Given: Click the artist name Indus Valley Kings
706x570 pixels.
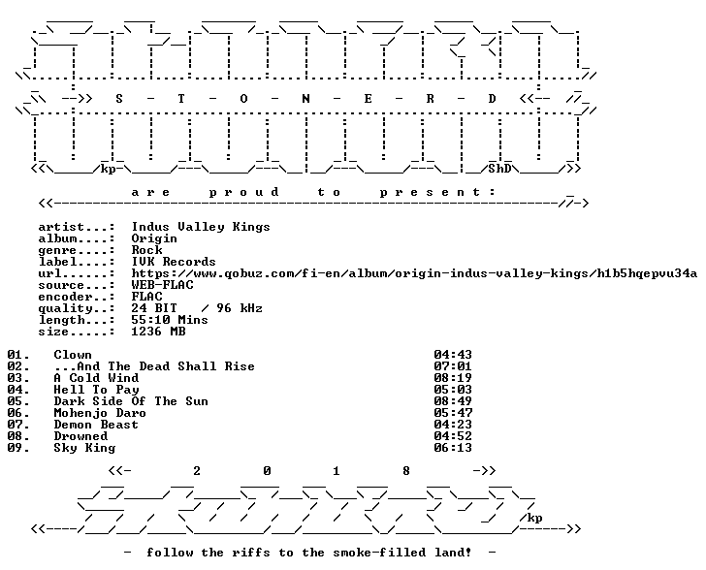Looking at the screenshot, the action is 201,227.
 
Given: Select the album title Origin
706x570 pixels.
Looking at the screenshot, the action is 154,238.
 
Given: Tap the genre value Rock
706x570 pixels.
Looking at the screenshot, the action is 146,250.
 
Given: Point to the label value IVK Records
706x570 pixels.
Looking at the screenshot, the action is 174,262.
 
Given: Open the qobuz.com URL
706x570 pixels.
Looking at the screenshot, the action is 414,273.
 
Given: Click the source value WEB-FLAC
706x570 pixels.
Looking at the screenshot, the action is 162,285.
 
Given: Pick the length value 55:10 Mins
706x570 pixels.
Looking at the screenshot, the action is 170,320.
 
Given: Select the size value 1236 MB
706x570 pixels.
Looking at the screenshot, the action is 158,332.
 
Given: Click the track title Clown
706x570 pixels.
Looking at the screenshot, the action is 73,355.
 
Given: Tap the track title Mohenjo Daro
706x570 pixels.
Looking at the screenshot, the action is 100,413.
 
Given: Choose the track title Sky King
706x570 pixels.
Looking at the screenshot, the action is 84,448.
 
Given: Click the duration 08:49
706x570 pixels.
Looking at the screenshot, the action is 453,401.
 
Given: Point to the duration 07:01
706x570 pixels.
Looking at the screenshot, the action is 453,366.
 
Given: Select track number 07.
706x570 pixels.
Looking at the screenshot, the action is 18,425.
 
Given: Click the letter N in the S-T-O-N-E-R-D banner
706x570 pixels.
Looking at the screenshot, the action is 305,99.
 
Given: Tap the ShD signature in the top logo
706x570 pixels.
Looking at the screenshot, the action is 499,169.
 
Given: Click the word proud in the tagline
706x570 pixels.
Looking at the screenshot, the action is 244,193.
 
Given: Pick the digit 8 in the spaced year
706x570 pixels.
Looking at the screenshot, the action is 405,471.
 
